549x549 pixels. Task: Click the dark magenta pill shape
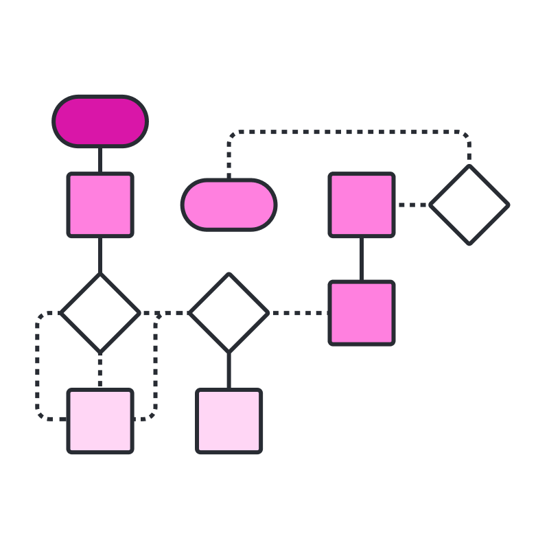pyautogui.click(x=100, y=121)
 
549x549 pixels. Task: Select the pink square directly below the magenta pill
pyautogui.click(x=100, y=205)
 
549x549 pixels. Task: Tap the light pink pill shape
pyautogui.click(x=229, y=205)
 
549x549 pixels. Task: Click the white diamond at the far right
pyautogui.click(x=469, y=205)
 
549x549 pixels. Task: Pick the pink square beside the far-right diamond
pyautogui.click(x=362, y=205)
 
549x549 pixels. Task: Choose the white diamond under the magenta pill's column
pyautogui.click(x=100, y=313)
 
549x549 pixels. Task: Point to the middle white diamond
pyautogui.click(x=229, y=313)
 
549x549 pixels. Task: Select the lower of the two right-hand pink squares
pyautogui.click(x=362, y=313)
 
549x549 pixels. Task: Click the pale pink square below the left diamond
pyautogui.click(x=100, y=421)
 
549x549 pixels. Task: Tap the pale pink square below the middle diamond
pyautogui.click(x=229, y=421)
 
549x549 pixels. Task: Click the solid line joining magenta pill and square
pyautogui.click(x=100, y=160)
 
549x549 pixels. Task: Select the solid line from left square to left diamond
pyautogui.click(x=100, y=255)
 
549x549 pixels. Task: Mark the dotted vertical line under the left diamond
pyautogui.click(x=100, y=371)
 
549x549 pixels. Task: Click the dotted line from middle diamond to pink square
pyautogui.click(x=299, y=313)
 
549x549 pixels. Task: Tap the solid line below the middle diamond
pyautogui.click(x=229, y=371)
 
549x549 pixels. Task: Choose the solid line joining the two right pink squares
pyautogui.click(x=362, y=259)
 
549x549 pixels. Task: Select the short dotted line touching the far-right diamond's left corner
pyautogui.click(x=412, y=205)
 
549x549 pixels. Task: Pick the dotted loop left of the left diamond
pyautogui.click(x=38, y=367)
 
